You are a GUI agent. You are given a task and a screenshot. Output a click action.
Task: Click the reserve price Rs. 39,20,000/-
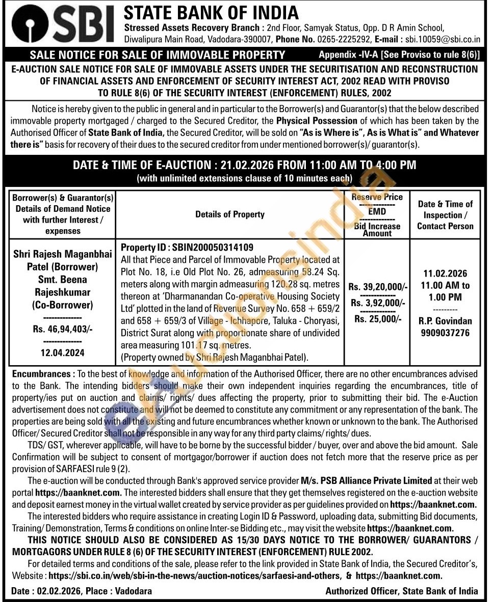(378, 287)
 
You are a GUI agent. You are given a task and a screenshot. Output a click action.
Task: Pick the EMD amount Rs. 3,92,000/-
(378, 303)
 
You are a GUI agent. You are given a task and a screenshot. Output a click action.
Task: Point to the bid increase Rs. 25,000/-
(378, 319)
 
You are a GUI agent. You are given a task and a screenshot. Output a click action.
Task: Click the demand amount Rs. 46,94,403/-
(63, 329)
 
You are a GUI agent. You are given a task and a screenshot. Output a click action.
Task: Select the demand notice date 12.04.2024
(63, 352)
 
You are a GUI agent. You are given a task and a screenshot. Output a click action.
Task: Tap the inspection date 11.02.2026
(445, 273)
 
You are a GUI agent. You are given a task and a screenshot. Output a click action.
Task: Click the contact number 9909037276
(445, 333)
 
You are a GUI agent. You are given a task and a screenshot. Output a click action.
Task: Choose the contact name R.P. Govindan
(445, 321)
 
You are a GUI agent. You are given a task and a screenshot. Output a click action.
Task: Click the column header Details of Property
(230, 214)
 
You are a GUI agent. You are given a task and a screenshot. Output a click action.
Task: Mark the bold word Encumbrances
(42, 374)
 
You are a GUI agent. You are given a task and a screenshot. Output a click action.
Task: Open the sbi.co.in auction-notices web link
(196, 576)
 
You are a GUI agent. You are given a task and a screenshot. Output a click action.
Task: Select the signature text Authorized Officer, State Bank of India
(402, 591)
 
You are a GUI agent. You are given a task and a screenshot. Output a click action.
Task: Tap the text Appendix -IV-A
(348, 54)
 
